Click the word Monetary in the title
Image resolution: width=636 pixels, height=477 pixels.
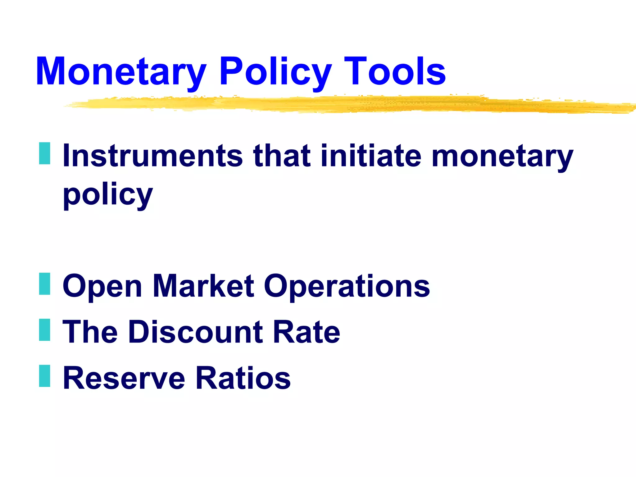click(121, 71)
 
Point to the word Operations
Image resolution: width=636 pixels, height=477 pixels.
click(347, 286)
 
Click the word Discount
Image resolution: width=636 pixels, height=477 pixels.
click(196, 332)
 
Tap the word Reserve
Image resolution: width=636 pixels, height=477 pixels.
click(124, 378)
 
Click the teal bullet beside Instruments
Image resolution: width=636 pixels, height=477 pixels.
click(45, 153)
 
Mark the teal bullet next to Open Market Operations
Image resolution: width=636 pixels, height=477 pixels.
click(45, 284)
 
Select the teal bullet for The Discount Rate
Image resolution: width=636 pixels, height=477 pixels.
click(45, 330)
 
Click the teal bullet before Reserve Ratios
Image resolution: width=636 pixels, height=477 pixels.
click(45, 376)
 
